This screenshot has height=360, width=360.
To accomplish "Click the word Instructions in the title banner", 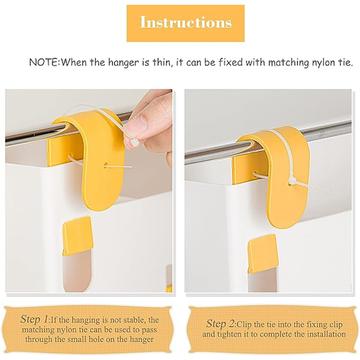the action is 185,22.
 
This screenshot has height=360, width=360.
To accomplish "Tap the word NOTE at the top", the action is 44,62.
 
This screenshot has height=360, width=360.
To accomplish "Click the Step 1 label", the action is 34,319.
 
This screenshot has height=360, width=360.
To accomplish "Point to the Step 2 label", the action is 221,324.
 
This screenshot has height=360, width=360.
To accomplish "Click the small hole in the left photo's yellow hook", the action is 106,165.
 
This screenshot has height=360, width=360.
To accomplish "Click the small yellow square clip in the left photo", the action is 77,236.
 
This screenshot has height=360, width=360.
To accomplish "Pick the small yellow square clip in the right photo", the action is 263,253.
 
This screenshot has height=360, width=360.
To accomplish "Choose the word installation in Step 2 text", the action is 326,334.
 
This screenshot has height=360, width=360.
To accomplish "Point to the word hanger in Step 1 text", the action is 142,340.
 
